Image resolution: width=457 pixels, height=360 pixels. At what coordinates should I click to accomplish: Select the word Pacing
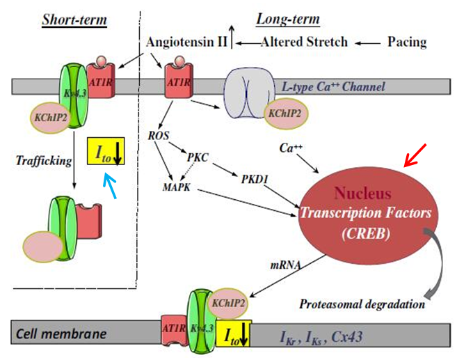407,42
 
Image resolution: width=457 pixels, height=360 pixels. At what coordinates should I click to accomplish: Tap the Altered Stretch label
303,42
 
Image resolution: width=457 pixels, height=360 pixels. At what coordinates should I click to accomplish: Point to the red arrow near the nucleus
415,157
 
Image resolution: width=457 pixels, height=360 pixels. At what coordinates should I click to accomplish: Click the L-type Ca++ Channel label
333,87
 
